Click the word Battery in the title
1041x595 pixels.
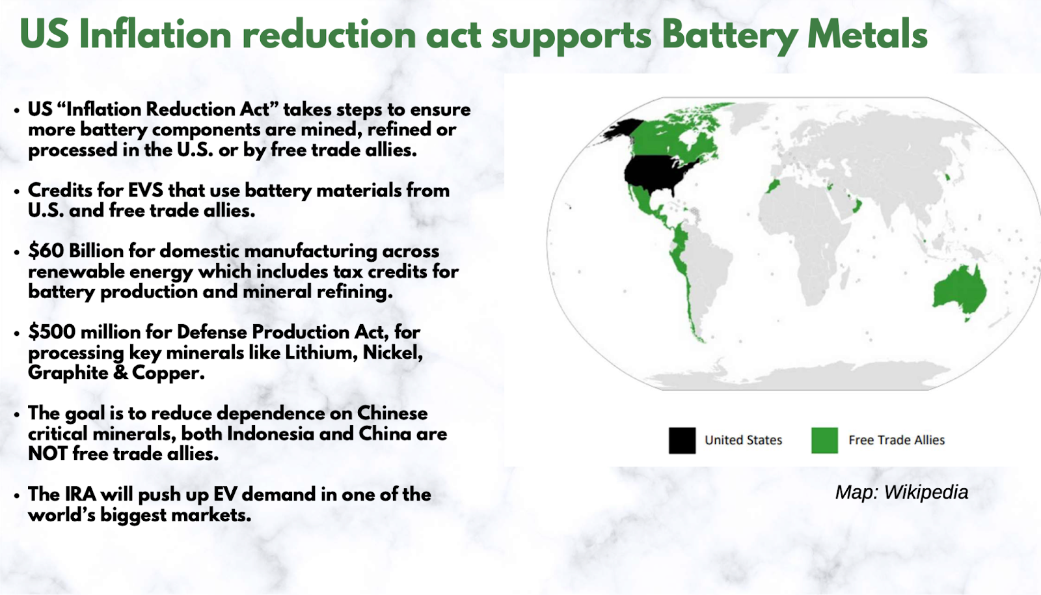pyautogui.click(x=729, y=35)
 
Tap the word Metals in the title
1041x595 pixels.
pyautogui.click(x=867, y=35)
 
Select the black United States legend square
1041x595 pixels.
pyautogui.click(x=683, y=440)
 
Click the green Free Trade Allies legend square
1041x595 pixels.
pyautogui.click(x=824, y=440)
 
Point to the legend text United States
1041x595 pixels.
pyautogui.click(x=743, y=440)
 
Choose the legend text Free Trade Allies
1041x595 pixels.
pyautogui.click(x=897, y=440)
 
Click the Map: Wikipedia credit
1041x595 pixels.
pyautogui.click(x=902, y=492)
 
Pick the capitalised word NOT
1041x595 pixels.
pyautogui.click(x=47, y=454)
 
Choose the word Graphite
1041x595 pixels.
pyautogui.click(x=68, y=373)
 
